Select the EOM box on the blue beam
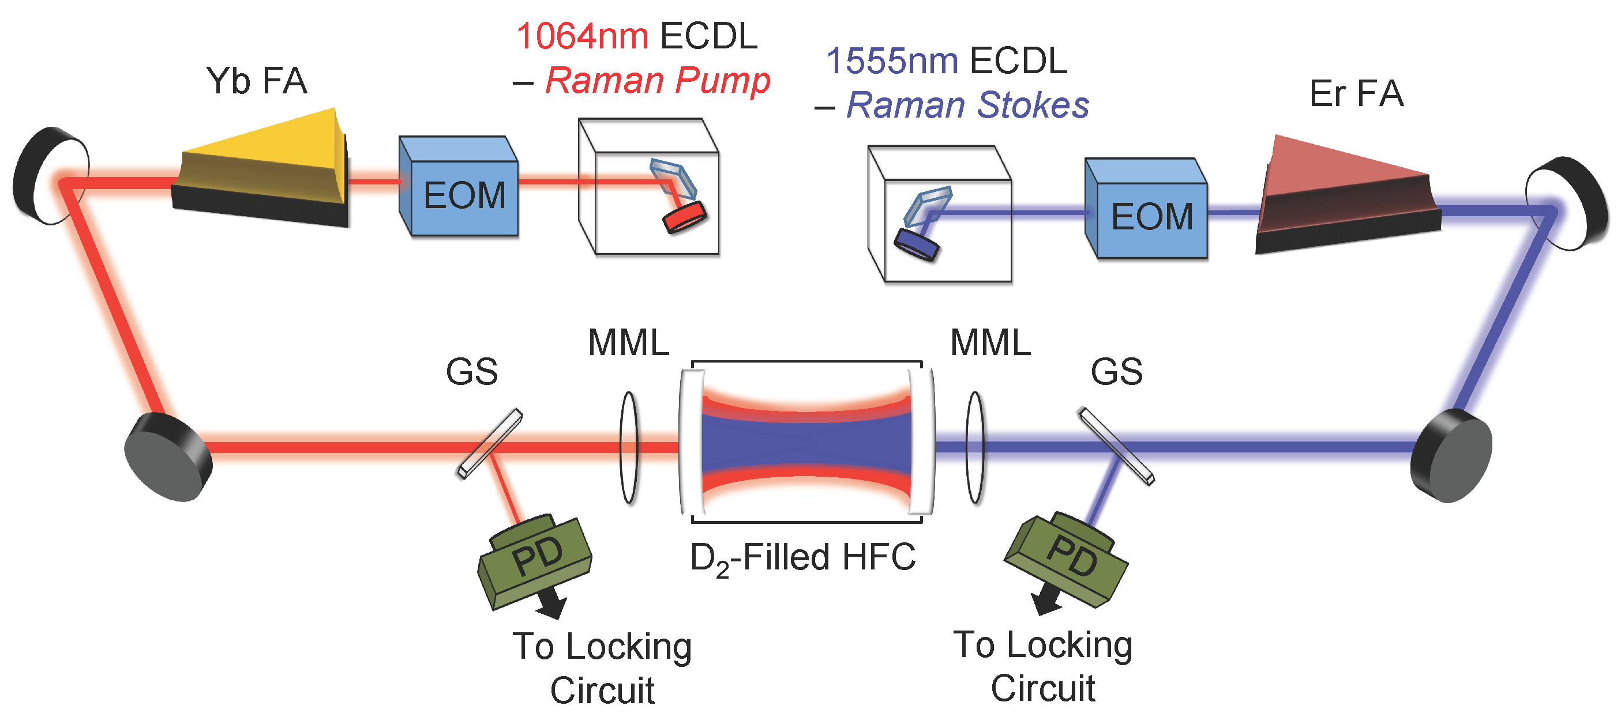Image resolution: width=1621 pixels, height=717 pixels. pyautogui.click(x=1147, y=211)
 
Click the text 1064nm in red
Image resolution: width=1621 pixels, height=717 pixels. pyautogui.click(x=581, y=36)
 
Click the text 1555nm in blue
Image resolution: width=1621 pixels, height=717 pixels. pyautogui.click(x=892, y=61)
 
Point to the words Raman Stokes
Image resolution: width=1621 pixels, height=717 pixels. pyautogui.click(x=967, y=105)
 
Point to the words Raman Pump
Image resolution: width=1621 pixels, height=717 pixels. pyautogui.click(x=657, y=81)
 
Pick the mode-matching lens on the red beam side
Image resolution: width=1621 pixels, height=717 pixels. pyautogui.click(x=629, y=447)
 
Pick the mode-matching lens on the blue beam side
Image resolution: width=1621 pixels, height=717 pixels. pyautogui.click(x=975, y=447)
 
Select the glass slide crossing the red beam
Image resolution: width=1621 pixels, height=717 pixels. pyautogui.click(x=490, y=444)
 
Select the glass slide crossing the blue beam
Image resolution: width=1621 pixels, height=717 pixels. pyautogui.click(x=1117, y=447)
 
